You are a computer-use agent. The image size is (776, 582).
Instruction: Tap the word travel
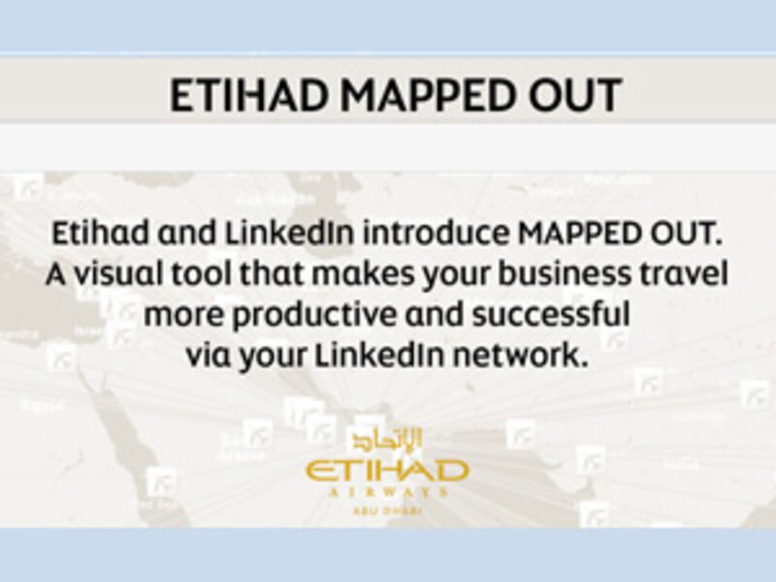[x=677, y=275]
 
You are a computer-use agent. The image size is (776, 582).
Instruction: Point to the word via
[x=207, y=355]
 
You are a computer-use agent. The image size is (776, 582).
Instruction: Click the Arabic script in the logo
[x=387, y=438]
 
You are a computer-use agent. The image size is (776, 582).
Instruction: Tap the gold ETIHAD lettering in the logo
[x=387, y=470]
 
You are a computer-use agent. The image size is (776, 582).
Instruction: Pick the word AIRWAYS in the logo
[x=387, y=492]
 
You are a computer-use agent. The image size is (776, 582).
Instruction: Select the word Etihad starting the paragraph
[x=94, y=235]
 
